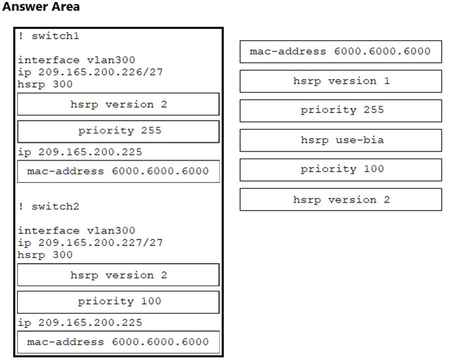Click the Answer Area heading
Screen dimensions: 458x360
pos(41,6)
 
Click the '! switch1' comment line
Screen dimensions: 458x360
pos(48,35)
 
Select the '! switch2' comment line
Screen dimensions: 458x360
pos(48,206)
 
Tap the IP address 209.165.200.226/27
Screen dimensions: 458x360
pos(100,72)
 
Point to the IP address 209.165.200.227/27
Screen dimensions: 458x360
pos(100,242)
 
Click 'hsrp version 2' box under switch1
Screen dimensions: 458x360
pos(118,104)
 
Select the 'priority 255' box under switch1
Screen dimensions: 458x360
pos(118,131)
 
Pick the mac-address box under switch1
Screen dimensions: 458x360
pos(118,171)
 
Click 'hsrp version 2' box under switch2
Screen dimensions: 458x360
pos(118,275)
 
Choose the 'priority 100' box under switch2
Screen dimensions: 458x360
pos(118,302)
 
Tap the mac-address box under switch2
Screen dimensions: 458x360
pos(118,342)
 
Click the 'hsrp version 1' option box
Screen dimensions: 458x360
pos(341,81)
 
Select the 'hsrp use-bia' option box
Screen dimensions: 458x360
pos(341,140)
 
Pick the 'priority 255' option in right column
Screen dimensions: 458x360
pos(341,111)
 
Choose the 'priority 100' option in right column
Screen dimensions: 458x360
pos(341,170)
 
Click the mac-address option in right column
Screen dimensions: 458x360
pos(341,52)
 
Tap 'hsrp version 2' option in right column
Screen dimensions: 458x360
pos(341,199)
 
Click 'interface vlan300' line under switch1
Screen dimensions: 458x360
pos(76,60)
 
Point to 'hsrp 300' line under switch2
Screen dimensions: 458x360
pos(45,255)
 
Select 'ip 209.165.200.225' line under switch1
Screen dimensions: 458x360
pos(80,152)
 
